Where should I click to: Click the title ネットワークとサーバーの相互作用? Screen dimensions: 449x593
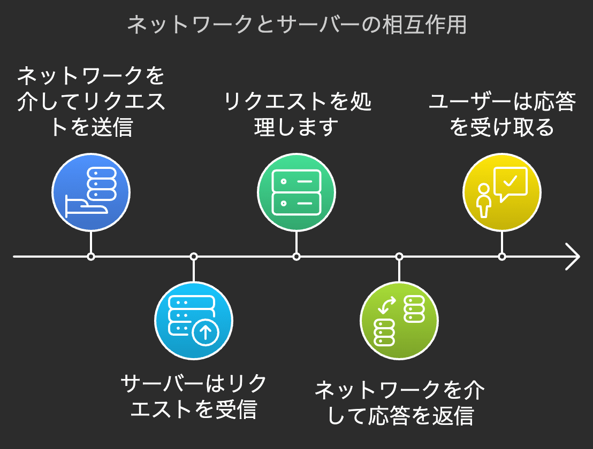click(x=296, y=25)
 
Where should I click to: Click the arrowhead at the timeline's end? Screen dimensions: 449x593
click(x=573, y=257)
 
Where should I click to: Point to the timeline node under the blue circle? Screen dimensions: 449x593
click(x=91, y=257)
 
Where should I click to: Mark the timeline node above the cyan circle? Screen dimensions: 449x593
click(x=194, y=257)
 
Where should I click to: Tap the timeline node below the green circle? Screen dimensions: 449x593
click(x=296, y=257)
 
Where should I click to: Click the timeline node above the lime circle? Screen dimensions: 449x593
click(x=399, y=257)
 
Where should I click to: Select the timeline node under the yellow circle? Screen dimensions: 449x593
click(x=502, y=257)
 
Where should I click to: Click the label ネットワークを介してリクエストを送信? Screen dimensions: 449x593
click(x=91, y=102)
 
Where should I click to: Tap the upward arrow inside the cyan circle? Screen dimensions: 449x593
click(x=205, y=332)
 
